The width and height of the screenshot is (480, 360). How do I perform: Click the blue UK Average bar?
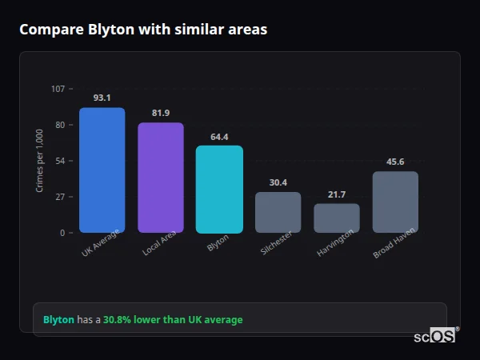tap(102, 170)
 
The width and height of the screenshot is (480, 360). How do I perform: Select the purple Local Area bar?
tap(160, 178)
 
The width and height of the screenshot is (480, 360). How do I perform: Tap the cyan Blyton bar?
tap(219, 189)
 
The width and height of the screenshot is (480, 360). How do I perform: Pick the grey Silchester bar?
tap(278, 212)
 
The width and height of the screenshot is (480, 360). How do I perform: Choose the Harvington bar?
tap(336, 218)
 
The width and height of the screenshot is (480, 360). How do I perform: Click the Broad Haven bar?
tap(395, 202)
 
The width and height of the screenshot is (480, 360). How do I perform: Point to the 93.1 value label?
tap(102, 98)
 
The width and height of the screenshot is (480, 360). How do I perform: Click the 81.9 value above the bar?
tap(160, 113)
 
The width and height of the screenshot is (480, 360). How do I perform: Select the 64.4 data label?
tap(219, 137)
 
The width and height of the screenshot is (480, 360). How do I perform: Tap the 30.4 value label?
tap(278, 182)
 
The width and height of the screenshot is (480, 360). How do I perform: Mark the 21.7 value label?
tap(336, 194)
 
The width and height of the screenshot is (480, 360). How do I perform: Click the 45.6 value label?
tap(395, 162)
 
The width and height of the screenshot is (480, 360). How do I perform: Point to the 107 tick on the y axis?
tap(58, 89)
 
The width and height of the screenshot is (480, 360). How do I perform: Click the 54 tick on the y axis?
tap(60, 161)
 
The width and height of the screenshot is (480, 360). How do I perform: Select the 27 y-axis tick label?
tap(60, 197)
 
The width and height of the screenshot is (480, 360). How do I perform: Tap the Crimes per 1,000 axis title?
tap(40, 160)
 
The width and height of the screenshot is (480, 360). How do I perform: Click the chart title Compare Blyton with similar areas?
tap(143, 30)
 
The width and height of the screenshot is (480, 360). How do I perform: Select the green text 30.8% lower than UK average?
tap(173, 320)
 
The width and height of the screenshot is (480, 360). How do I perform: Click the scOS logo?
tap(434, 336)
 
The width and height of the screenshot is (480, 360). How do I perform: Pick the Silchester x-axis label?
tap(277, 244)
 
